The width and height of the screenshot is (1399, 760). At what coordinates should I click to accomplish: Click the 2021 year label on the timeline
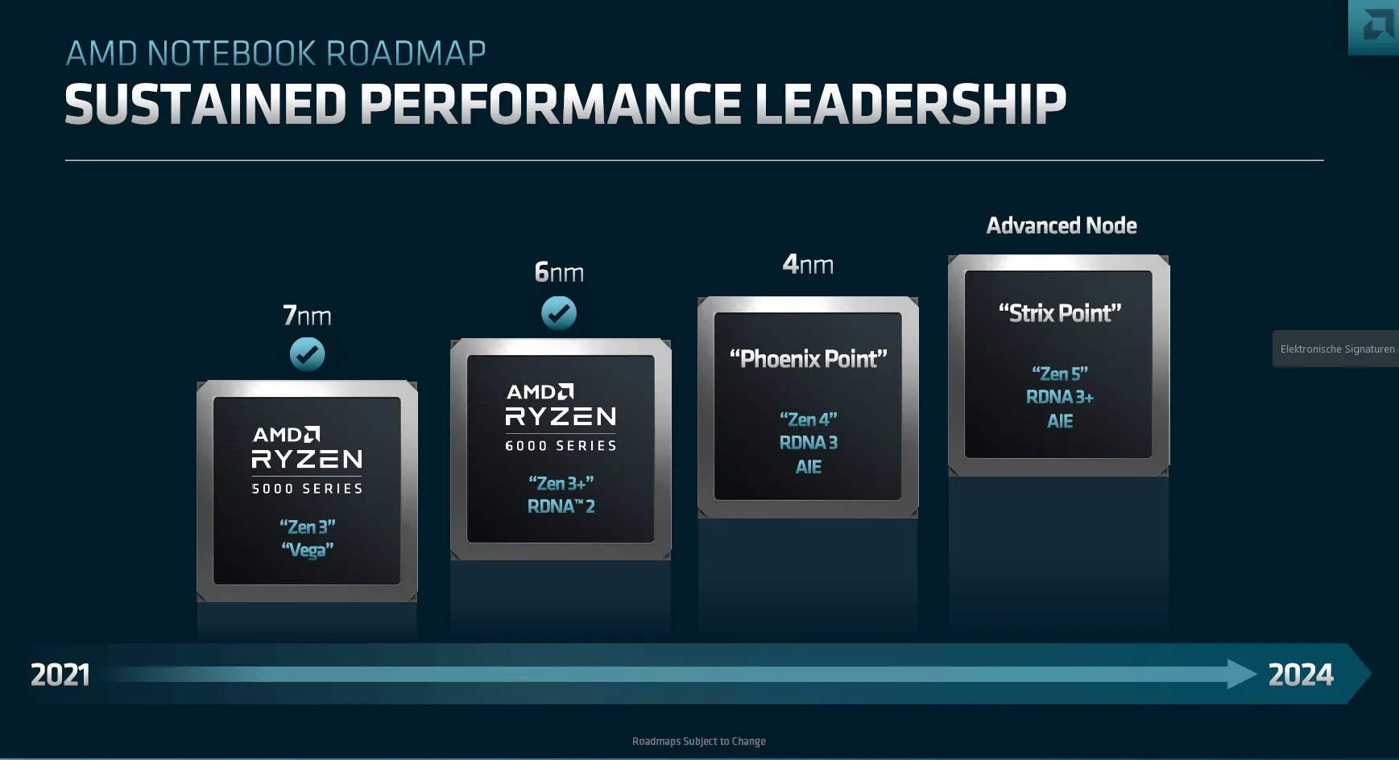pyautogui.click(x=60, y=675)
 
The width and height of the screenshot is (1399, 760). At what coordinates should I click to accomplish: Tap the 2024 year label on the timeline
pyautogui.click(x=1300, y=675)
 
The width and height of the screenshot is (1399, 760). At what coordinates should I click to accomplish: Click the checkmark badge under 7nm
pyautogui.click(x=307, y=354)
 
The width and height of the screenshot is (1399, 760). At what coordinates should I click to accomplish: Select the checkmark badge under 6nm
pyautogui.click(x=559, y=313)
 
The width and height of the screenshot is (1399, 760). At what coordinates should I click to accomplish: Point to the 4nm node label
pyautogui.click(x=808, y=264)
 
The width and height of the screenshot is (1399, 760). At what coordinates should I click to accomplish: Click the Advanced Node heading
pyautogui.click(x=1062, y=225)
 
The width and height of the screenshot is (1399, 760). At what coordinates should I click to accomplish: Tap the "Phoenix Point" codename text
pyautogui.click(x=808, y=359)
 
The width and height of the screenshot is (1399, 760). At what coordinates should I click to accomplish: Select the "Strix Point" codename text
pyautogui.click(x=1059, y=313)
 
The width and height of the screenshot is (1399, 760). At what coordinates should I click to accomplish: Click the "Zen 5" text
pyautogui.click(x=1059, y=374)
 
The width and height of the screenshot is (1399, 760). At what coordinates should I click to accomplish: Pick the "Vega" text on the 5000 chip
pyautogui.click(x=307, y=550)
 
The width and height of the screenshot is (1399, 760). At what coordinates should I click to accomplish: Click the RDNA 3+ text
pyautogui.click(x=1059, y=397)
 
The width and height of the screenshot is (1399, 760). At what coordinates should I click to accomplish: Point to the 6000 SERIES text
pyautogui.click(x=561, y=445)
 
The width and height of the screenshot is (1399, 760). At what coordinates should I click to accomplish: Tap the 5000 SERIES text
pyautogui.click(x=307, y=489)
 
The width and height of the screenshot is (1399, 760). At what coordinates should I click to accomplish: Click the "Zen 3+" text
pyautogui.click(x=561, y=483)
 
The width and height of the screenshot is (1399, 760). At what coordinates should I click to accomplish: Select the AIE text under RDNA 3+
pyautogui.click(x=1059, y=421)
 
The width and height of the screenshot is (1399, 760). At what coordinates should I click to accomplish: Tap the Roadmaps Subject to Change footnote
pyautogui.click(x=698, y=741)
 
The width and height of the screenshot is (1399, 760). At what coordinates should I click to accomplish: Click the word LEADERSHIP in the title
pyautogui.click(x=909, y=105)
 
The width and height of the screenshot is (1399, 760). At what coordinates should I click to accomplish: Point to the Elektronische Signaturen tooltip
pyautogui.click(x=1336, y=349)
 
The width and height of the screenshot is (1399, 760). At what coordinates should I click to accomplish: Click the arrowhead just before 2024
pyautogui.click(x=1241, y=674)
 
